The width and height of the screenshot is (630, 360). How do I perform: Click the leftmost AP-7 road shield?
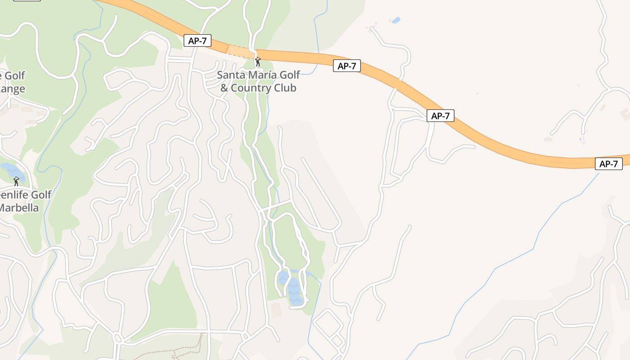[197, 40]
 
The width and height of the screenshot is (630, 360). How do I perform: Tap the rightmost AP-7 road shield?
[609, 164]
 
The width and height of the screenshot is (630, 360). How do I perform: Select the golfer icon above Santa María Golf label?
[258, 61]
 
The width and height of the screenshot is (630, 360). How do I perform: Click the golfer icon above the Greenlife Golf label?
[16, 181]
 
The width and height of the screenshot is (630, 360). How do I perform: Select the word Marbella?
[19, 208]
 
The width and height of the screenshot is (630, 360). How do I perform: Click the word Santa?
[230, 75]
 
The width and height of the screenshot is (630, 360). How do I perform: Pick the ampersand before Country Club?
[224, 88]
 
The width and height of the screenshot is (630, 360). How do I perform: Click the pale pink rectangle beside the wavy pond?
[276, 310]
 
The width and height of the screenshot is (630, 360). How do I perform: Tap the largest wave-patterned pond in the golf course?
[294, 292]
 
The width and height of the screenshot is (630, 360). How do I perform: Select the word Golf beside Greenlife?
[40, 195]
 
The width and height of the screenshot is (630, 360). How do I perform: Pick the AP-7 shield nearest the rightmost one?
[440, 116]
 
